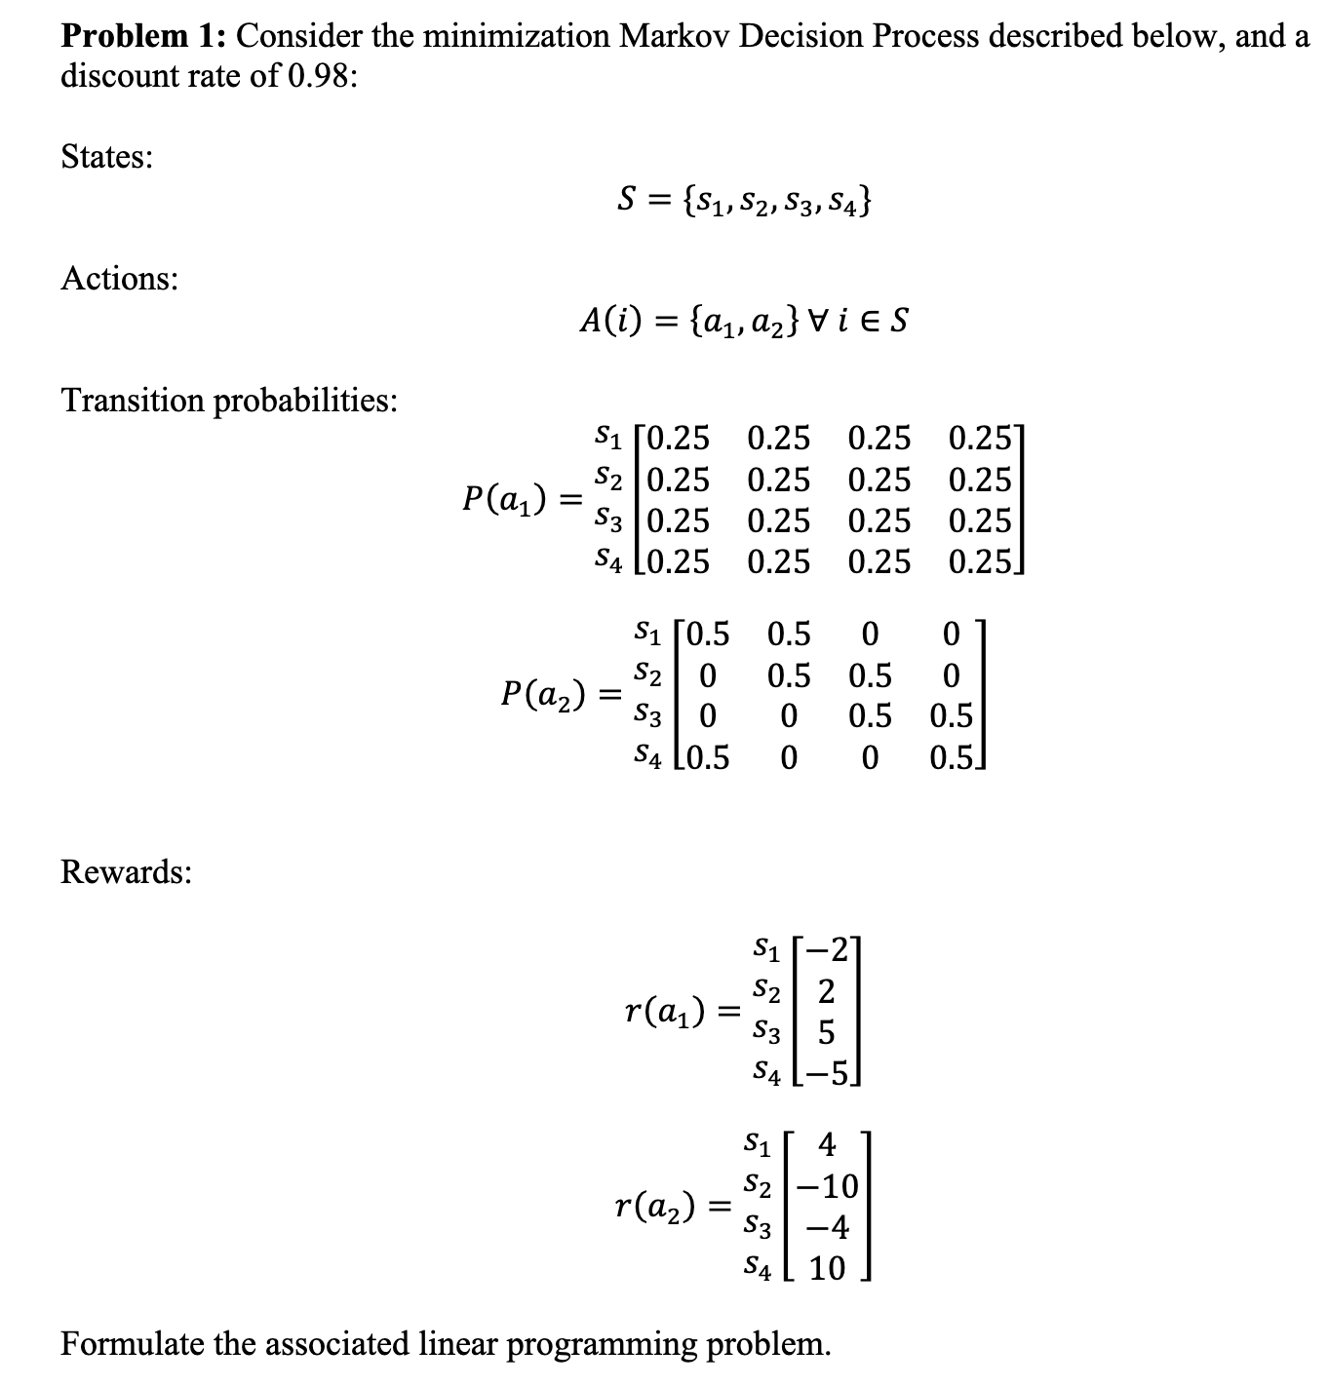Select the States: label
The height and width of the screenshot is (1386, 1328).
click(x=106, y=157)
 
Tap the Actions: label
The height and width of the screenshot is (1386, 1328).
click(x=119, y=279)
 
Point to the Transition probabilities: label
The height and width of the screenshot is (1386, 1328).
click(x=228, y=401)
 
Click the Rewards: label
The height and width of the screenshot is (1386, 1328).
click(x=126, y=871)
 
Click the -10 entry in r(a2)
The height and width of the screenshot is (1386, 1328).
click(x=827, y=1186)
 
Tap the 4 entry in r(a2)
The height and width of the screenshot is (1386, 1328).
click(x=827, y=1143)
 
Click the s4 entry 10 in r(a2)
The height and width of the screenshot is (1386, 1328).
click(x=827, y=1268)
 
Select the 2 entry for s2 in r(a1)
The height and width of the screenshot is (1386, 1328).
click(x=826, y=991)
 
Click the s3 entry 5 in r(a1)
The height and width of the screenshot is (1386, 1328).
click(x=826, y=1032)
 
